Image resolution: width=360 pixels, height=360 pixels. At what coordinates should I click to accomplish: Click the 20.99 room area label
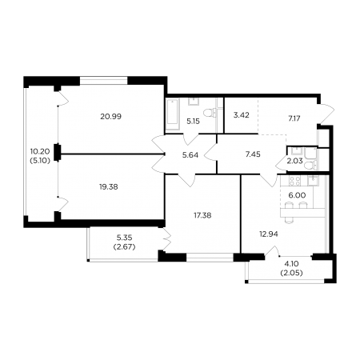110,117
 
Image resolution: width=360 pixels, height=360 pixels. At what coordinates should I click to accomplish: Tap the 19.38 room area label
109,187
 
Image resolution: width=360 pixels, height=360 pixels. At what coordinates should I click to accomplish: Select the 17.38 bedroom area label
202,215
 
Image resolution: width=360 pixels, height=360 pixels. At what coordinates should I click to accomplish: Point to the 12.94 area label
269,234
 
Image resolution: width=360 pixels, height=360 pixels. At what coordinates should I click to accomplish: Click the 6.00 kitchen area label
297,195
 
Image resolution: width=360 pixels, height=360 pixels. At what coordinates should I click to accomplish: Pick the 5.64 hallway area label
190,155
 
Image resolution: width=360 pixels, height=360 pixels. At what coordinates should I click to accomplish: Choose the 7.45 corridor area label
253,154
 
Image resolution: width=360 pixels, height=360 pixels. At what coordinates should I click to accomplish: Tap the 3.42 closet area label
242,115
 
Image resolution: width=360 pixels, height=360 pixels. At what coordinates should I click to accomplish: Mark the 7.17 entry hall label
294,118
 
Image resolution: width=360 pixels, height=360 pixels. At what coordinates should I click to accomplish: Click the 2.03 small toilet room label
294,161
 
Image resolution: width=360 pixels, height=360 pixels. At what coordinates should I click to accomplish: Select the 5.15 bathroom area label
193,122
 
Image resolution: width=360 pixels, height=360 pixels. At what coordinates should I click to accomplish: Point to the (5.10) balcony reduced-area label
40,161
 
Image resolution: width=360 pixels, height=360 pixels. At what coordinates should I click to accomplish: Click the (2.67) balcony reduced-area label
125,247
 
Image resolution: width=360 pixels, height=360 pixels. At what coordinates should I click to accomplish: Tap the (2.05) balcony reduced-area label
292,273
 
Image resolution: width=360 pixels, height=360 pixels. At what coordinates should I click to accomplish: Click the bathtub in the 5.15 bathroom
173,114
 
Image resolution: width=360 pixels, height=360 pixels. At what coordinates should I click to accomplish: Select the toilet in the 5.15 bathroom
210,113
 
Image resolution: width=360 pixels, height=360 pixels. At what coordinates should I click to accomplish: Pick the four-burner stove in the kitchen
294,181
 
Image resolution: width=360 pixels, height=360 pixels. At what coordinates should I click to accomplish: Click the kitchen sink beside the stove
313,181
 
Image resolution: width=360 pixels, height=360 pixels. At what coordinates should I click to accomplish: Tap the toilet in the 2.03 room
310,166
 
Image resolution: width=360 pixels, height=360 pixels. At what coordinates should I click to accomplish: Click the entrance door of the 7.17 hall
326,114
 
